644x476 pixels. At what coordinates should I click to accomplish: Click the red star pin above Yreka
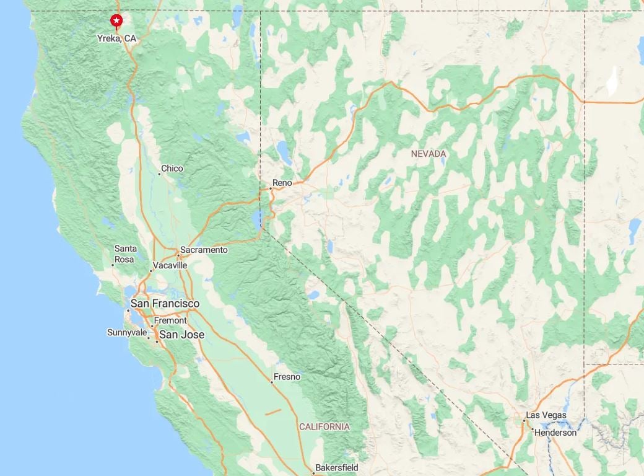click(116, 21)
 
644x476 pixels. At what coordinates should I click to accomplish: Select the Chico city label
click(172, 169)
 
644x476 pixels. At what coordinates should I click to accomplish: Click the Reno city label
click(282, 183)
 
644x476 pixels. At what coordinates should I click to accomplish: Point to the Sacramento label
click(204, 250)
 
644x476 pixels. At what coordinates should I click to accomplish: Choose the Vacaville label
click(170, 265)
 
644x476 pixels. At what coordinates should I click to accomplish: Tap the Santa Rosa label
click(126, 254)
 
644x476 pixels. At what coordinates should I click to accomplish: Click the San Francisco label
click(165, 304)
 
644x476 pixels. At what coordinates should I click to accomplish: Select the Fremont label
click(170, 320)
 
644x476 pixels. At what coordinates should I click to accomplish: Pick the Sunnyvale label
click(127, 333)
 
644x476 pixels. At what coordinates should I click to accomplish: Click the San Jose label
click(182, 335)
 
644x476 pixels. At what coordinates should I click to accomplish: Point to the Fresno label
click(287, 377)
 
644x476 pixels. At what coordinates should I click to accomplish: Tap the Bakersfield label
click(337, 467)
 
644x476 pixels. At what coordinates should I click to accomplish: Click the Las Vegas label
click(546, 415)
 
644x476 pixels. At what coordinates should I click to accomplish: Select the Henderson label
click(555, 433)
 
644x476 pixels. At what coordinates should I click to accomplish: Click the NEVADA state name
click(429, 153)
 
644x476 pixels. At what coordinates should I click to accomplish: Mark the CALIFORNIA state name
click(324, 427)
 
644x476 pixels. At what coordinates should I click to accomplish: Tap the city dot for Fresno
click(271, 382)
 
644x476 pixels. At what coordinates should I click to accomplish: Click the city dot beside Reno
click(271, 188)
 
